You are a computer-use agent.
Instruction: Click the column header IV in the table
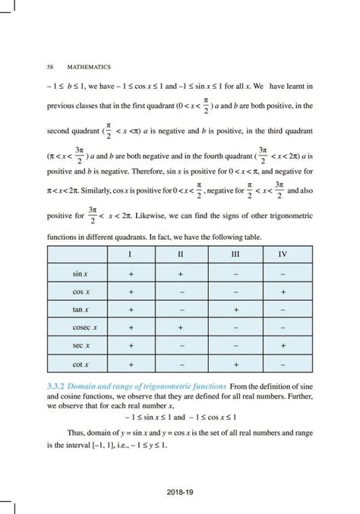pos(283,254)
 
